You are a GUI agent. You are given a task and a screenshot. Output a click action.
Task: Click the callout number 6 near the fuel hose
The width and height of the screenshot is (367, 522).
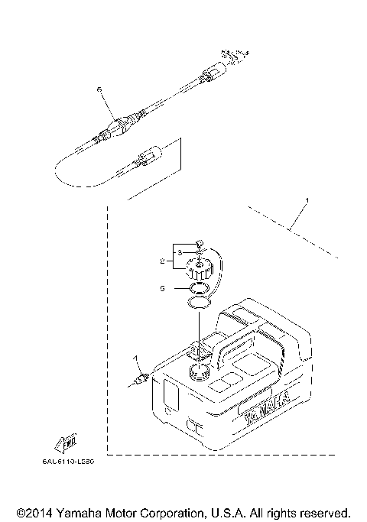point(99,90)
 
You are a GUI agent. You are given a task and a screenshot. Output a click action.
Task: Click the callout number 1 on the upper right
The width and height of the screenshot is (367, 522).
point(308,200)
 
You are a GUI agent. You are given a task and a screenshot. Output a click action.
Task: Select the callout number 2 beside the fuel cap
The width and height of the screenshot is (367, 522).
point(162,261)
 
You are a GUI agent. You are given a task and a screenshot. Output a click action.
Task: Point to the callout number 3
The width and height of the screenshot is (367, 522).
point(179,251)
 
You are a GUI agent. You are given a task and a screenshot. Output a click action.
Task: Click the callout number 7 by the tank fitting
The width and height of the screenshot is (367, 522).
point(135,358)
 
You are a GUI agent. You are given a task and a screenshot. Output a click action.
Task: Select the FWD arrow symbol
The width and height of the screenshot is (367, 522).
point(64,440)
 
